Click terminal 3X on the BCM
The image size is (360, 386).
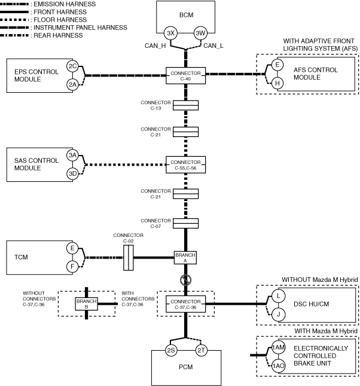tap(170, 33)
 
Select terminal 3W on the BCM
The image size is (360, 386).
tap(200, 33)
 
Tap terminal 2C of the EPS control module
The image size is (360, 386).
tap(72, 66)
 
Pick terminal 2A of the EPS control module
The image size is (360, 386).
tap(72, 85)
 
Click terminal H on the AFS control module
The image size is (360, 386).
tap(277, 83)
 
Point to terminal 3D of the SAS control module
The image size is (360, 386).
tap(72, 174)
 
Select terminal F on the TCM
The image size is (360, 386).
tap(72, 266)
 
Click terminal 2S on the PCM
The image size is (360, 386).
tap(171, 350)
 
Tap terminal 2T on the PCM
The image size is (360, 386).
tap(202, 350)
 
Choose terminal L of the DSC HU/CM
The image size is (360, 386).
tap(278, 296)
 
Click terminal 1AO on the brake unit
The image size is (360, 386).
tap(278, 366)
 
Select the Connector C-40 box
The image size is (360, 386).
tap(186, 76)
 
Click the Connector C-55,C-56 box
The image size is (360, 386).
tap(186, 165)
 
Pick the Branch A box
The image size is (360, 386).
tap(185, 257)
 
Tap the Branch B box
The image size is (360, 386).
tap(86, 304)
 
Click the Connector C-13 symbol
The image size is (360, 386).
tap(186, 105)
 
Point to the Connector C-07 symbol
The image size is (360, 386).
tap(186, 224)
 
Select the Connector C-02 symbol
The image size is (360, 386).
tap(129, 257)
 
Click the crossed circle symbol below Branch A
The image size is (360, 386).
tap(185, 280)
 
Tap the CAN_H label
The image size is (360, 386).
tap(155, 46)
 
